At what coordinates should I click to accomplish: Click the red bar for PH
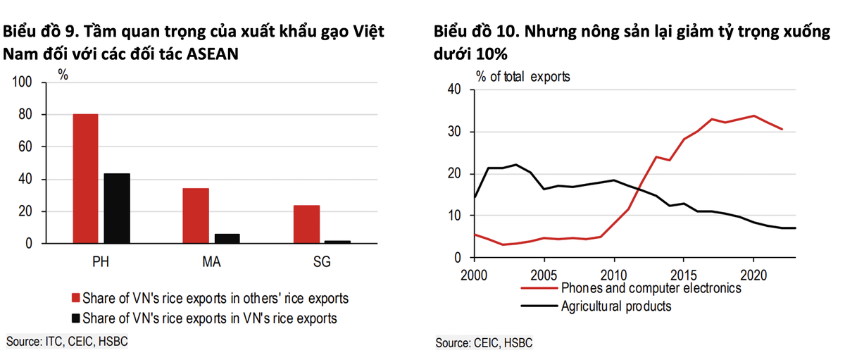[86, 178]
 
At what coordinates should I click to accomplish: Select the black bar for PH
[117, 208]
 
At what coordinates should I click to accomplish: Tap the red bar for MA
[196, 216]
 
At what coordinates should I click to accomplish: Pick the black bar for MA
[227, 238]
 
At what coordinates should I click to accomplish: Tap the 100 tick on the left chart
[23, 82]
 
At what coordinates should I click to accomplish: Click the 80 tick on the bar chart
[26, 115]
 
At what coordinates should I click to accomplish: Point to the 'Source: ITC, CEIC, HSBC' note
[58, 342]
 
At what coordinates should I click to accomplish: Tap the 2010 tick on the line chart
[613, 272]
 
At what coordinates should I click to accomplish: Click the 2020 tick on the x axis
[753, 272]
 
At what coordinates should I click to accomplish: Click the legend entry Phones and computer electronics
[651, 288]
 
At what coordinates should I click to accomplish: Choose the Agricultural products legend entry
[616, 306]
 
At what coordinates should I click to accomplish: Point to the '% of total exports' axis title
[522, 75]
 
